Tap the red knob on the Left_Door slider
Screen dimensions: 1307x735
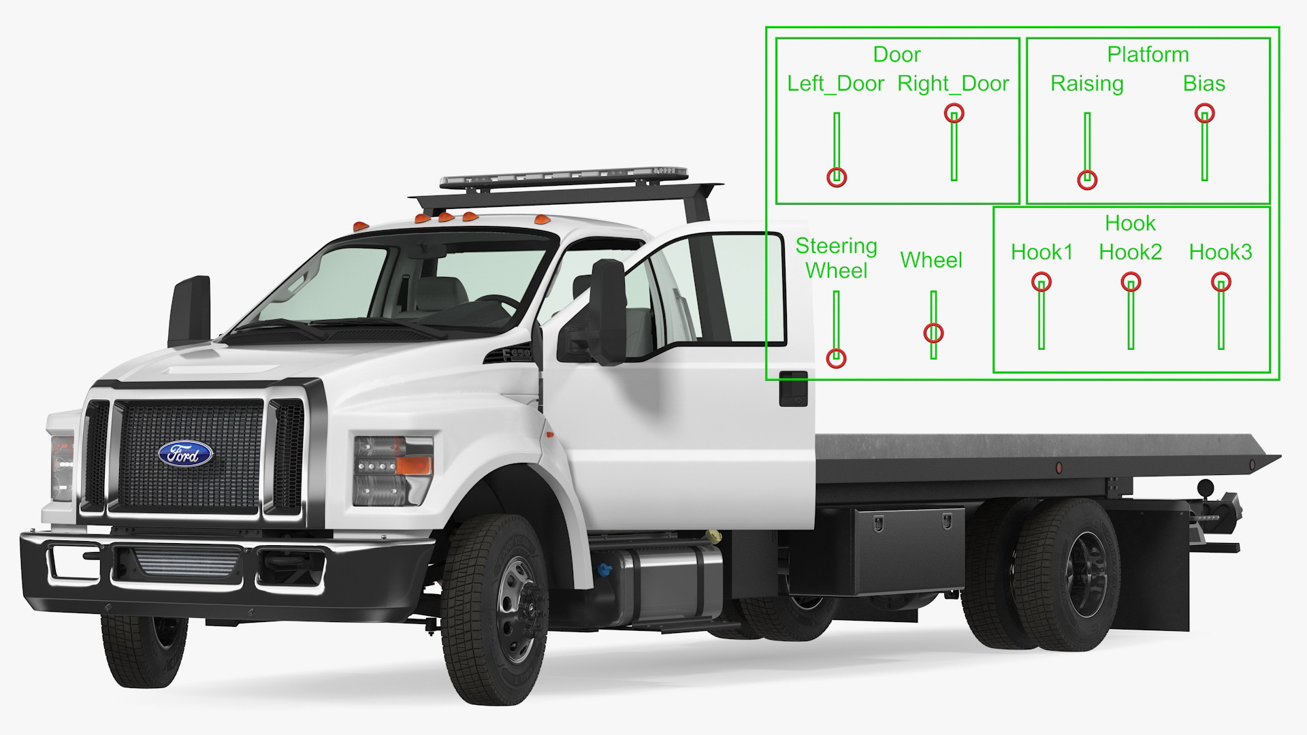[837, 178]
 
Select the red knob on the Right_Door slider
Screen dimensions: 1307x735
[954, 113]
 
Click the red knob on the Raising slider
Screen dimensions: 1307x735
[1087, 180]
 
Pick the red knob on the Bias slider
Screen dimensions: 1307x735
[1205, 113]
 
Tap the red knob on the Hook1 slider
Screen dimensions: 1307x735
[1042, 282]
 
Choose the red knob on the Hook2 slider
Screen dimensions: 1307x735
[1131, 282]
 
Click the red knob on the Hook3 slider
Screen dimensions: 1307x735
[1221, 282]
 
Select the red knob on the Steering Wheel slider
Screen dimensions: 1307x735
[837, 358]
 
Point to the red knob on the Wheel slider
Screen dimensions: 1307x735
[933, 333]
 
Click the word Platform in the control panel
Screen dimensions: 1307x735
[1148, 54]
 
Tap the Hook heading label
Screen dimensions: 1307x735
[1131, 223]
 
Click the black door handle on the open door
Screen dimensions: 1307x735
[793, 389]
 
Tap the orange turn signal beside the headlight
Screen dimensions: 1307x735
[413, 465]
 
